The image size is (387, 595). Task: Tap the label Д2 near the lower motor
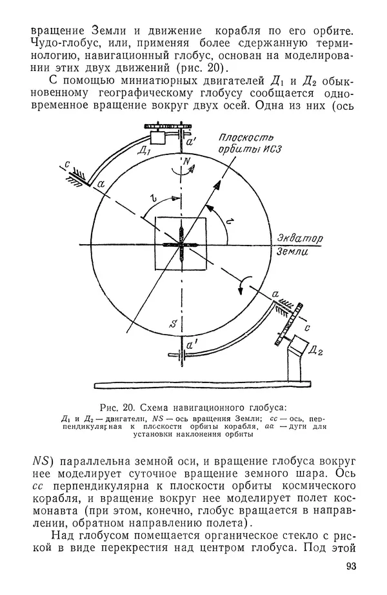click(x=315, y=351)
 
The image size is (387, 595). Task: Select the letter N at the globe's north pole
click(x=186, y=160)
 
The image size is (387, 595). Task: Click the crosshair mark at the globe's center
click(x=180, y=244)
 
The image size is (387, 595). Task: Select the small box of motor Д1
click(x=157, y=137)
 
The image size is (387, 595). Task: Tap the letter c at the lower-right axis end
click(x=306, y=328)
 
